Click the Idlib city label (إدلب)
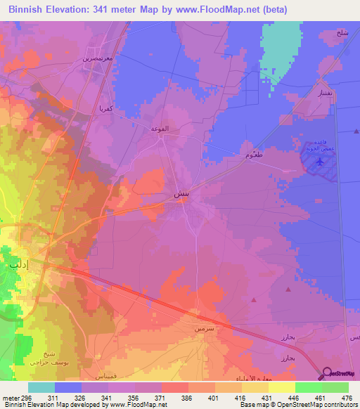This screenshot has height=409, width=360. [14, 265]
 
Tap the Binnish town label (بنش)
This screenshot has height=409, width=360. [181, 193]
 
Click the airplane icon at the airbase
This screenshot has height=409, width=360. [321, 162]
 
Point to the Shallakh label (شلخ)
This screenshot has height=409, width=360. [342, 33]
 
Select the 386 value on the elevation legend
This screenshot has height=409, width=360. [186, 397]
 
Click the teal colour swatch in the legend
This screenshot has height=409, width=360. [41, 387]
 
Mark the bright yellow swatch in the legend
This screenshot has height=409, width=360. [281, 387]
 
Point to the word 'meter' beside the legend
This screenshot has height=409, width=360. [10, 397]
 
